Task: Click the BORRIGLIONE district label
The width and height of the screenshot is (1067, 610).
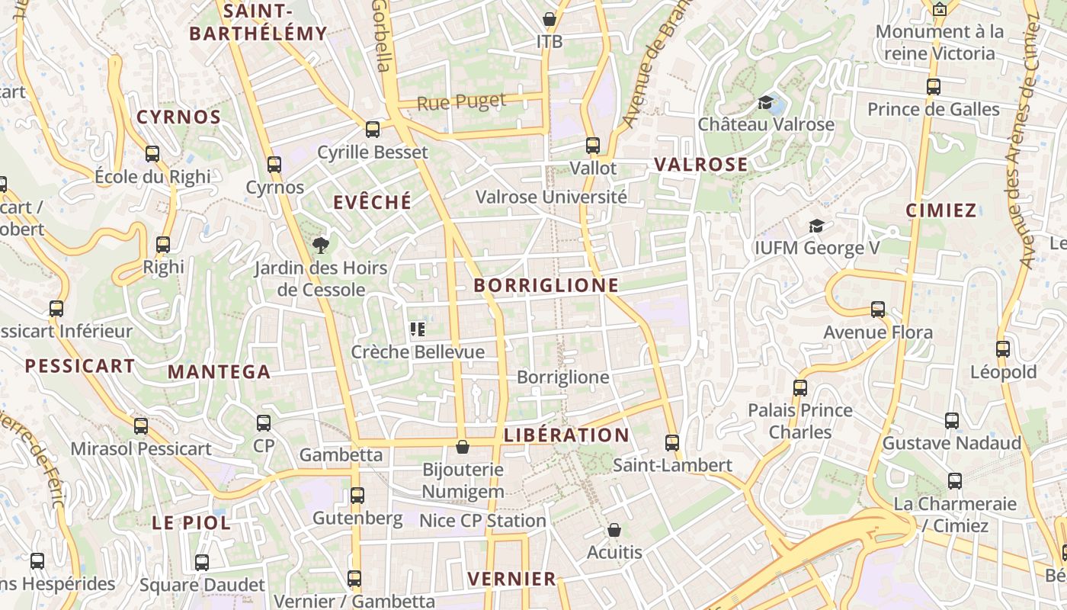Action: coord(546,285)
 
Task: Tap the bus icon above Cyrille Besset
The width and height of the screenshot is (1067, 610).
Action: coord(372,130)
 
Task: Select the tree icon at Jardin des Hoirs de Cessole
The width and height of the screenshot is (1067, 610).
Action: coord(321,245)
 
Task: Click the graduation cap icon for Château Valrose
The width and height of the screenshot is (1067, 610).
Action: coord(766,102)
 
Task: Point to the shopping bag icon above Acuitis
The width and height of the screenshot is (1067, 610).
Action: coord(614,530)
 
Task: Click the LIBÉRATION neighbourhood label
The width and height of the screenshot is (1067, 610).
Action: coord(566,435)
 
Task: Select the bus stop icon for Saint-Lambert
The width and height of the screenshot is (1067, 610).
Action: coord(671,442)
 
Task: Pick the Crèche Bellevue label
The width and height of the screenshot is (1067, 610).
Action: coord(418,352)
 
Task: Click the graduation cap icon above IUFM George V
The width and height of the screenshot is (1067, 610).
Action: coord(816,226)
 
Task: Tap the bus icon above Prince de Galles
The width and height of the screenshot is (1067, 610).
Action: coord(934,87)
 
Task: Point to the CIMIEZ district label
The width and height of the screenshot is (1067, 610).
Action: coord(941,210)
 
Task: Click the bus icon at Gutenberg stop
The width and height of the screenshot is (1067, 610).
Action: coord(357,496)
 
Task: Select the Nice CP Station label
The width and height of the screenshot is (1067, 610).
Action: coord(482,521)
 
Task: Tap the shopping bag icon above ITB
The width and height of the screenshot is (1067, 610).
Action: coord(549,19)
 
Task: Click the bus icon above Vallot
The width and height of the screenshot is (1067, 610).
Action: coord(592,145)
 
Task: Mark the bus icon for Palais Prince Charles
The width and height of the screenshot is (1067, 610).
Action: coord(799,387)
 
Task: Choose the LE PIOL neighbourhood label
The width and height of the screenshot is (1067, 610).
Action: coord(191,523)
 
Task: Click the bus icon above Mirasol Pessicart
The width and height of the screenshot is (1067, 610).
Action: coord(141,426)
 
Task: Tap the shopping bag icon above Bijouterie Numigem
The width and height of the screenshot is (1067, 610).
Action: coord(462,447)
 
